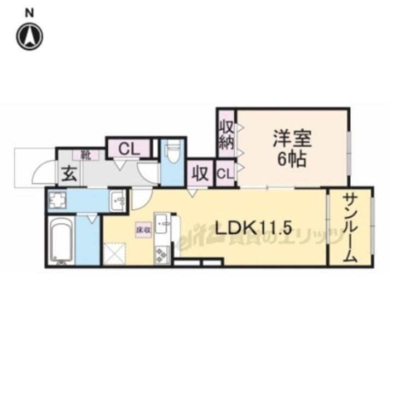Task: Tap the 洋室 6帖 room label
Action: click(x=292, y=149)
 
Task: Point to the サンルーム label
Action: click(x=350, y=229)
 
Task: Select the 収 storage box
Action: click(x=201, y=175)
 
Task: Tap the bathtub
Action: click(x=62, y=241)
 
